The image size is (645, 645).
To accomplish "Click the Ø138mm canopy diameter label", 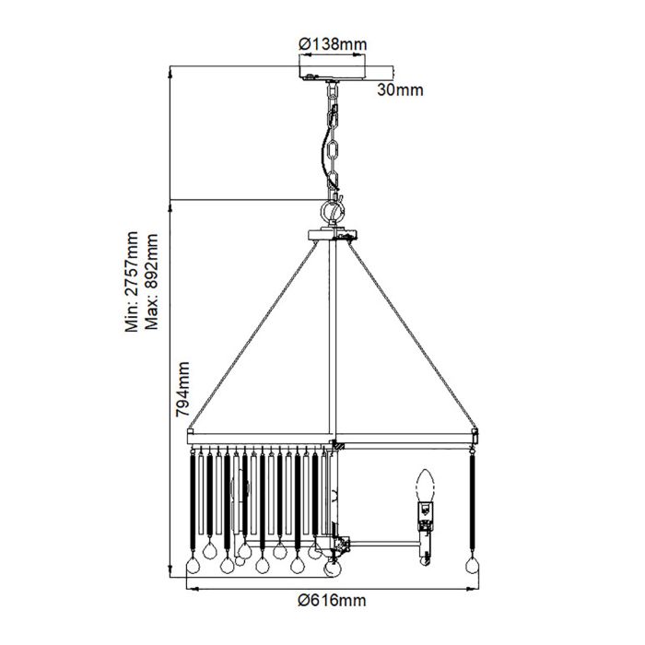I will click(333, 43).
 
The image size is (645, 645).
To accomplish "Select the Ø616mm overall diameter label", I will click(332, 601).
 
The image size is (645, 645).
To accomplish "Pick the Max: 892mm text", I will click(152, 280).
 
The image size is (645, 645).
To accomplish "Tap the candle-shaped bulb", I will click(425, 486).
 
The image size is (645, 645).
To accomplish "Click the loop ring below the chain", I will click(333, 212).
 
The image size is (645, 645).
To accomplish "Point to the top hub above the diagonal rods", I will click(333, 236).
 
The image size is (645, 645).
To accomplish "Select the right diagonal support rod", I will click(413, 337).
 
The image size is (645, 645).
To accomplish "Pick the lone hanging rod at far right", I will click(474, 502).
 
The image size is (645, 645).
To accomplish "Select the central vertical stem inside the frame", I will click(335, 341).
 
